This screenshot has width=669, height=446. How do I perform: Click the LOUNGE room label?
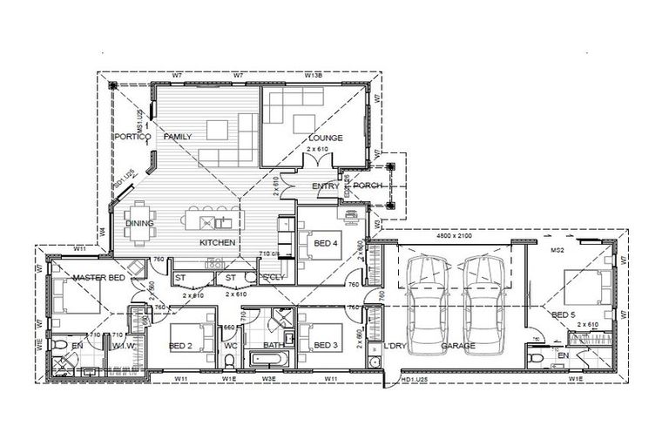click(x=323, y=138)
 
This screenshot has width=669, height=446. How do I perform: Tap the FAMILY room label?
click(x=177, y=137)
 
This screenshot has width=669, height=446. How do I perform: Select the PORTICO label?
click(x=132, y=137)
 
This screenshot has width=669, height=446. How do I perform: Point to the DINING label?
click(x=139, y=223)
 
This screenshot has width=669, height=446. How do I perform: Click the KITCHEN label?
click(x=217, y=241)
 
